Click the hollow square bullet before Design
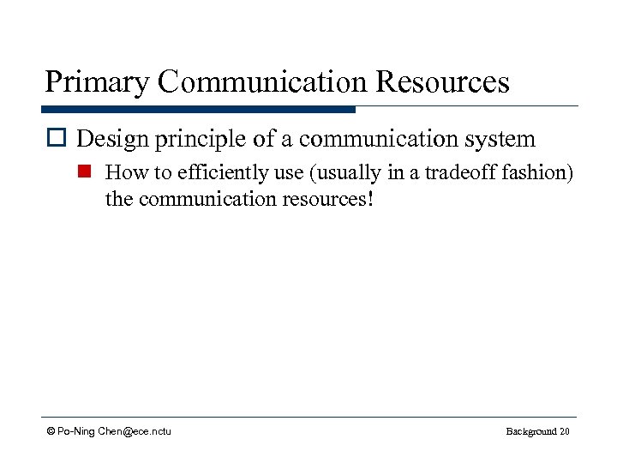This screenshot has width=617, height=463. tap(57, 139)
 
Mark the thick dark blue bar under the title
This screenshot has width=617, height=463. tap(198, 110)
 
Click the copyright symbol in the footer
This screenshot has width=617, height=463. tap(51, 431)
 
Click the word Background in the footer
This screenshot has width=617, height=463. tap(530, 431)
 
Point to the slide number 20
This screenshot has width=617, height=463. tap(564, 431)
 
